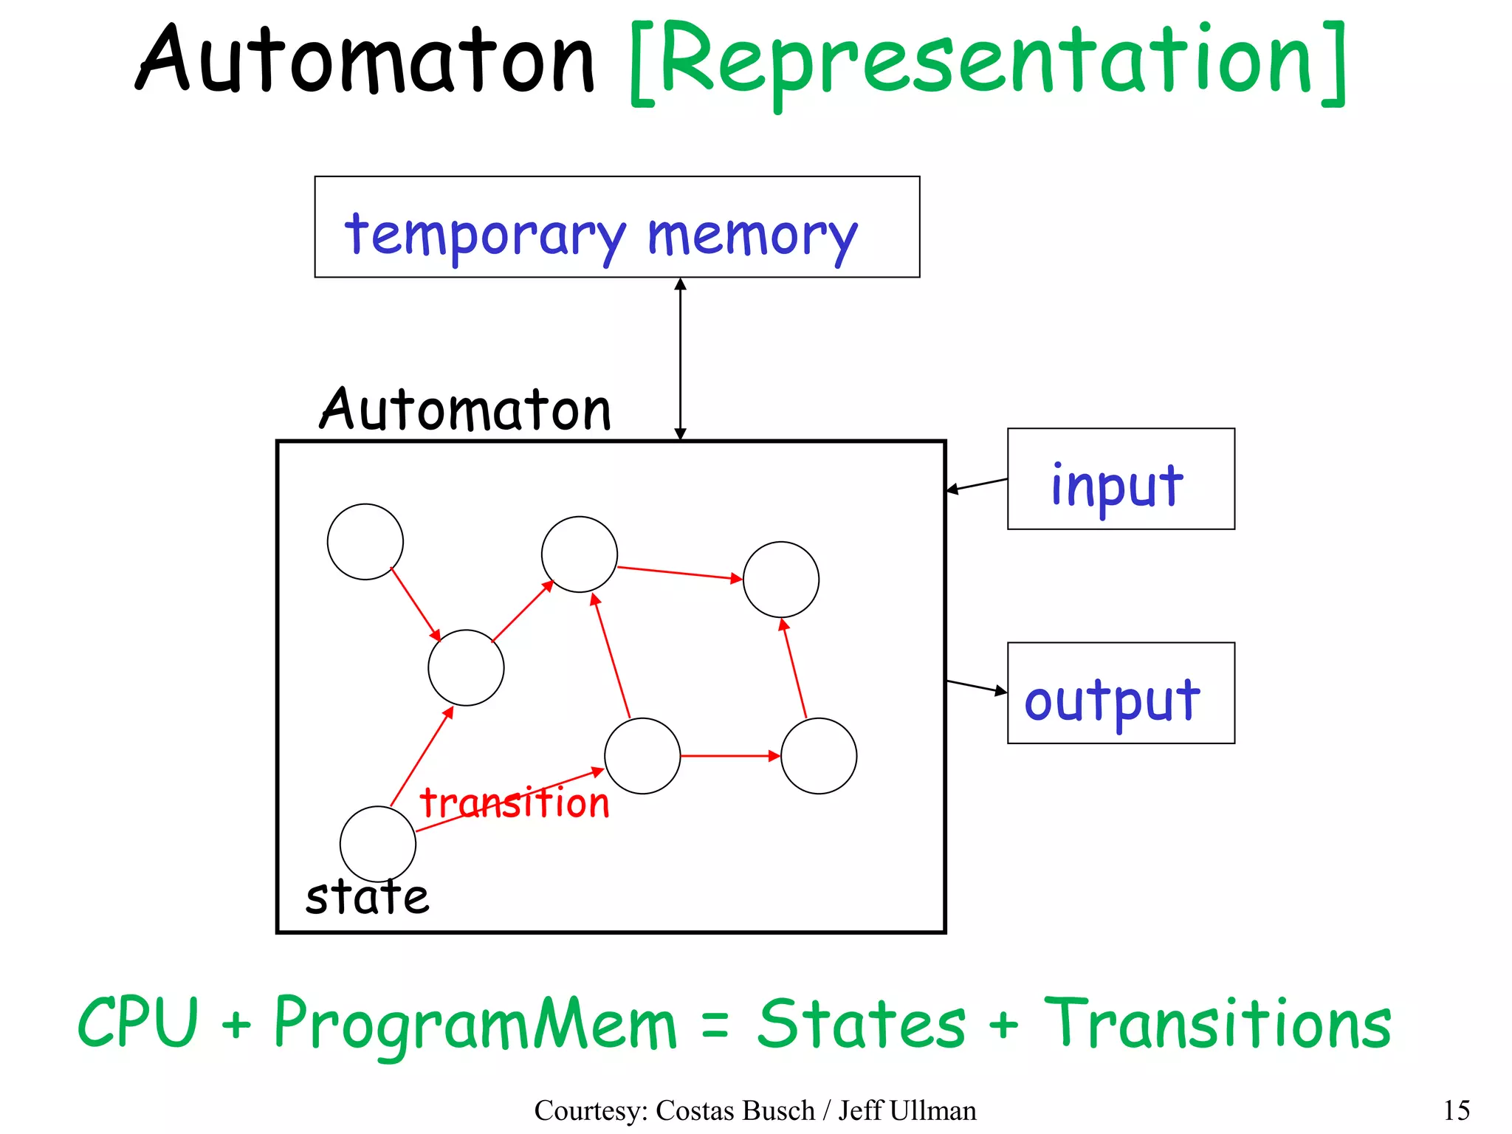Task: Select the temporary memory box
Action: tap(616, 227)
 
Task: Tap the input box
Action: tap(1120, 479)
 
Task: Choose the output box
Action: tap(1120, 693)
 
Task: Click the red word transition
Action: tap(514, 803)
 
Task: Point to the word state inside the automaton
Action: tap(367, 898)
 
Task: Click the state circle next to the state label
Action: tap(377, 844)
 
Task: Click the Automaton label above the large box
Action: tap(465, 410)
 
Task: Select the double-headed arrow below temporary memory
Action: tap(680, 359)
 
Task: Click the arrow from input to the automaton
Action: tap(977, 484)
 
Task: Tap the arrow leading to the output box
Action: tap(976, 687)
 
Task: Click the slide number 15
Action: tap(1456, 1110)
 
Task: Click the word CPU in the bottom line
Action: tap(138, 1023)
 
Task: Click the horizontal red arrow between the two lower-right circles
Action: tap(730, 756)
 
